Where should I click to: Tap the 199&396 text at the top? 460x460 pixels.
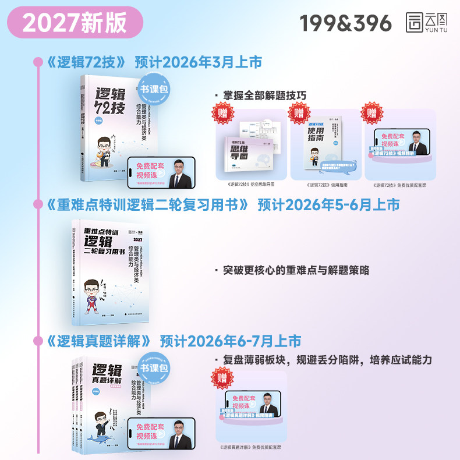coord(346,23)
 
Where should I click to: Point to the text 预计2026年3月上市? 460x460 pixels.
coord(198,62)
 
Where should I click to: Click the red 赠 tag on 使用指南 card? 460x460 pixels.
coord(299,112)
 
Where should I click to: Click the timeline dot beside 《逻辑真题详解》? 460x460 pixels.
coord(38,340)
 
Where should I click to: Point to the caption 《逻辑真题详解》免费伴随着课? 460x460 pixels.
coord(252,447)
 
